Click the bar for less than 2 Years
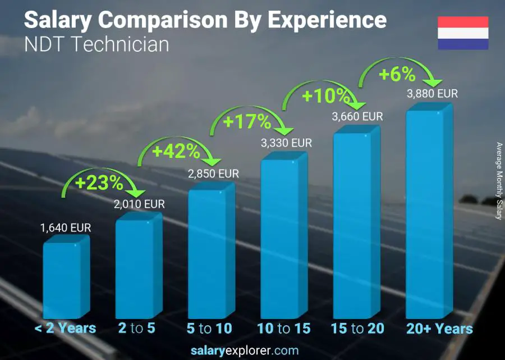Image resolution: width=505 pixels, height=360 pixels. (63, 281)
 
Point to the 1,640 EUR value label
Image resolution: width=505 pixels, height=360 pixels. (65, 228)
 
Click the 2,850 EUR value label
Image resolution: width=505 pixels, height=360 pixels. (213, 174)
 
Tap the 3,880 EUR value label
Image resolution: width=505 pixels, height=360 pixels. (432, 94)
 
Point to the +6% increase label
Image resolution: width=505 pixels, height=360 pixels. (397, 74)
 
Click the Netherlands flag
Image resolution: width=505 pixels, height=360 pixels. (463, 33)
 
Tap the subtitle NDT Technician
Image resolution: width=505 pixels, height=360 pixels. (97, 44)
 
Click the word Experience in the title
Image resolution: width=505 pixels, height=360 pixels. (327, 20)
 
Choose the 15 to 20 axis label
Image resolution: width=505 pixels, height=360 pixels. (357, 329)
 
